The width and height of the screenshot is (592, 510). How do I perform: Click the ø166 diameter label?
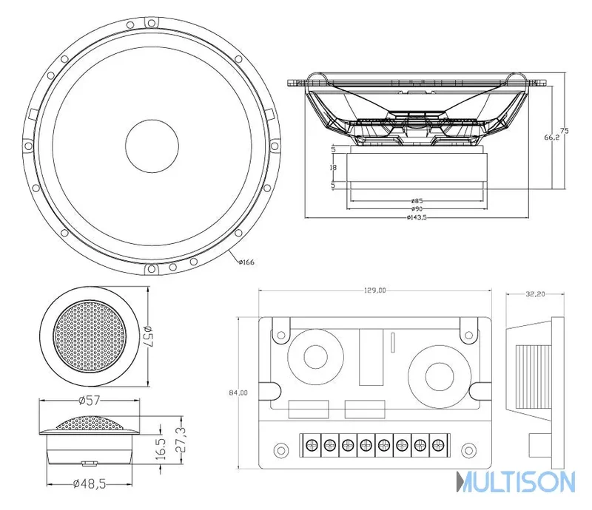[x=246, y=262]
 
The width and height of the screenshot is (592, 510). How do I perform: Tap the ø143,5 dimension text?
[x=417, y=217]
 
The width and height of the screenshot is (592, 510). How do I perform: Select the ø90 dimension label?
[x=417, y=208]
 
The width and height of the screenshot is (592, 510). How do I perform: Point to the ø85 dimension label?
[x=417, y=201]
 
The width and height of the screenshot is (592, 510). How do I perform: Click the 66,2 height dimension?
[x=552, y=137]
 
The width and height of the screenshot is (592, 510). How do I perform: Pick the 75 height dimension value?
[x=564, y=131]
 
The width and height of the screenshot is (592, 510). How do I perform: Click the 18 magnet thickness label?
[x=333, y=167]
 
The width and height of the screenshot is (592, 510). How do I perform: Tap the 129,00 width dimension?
[x=375, y=290]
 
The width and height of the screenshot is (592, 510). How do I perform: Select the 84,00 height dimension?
[x=238, y=392]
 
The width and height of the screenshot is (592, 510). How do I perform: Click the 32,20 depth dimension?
[x=535, y=293]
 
